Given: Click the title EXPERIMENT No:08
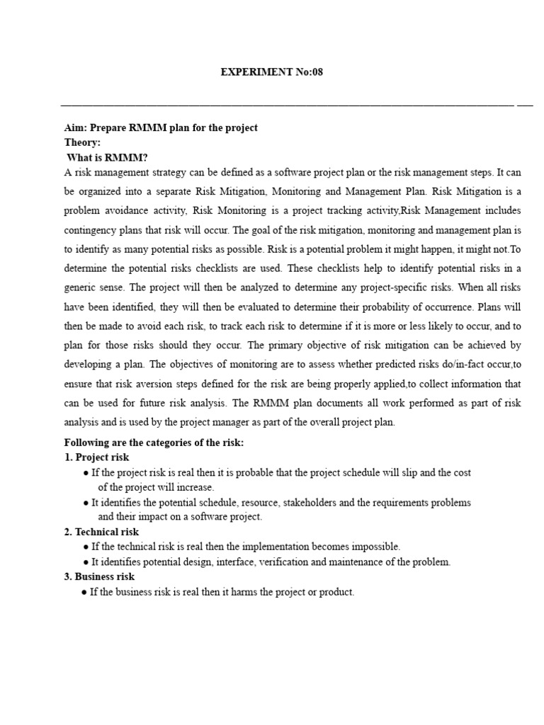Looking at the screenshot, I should [272, 73].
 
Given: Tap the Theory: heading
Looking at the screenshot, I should [83, 142].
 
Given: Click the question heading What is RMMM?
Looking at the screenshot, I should [107, 157].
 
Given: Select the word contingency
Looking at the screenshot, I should [91, 231].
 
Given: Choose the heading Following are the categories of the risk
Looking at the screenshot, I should [154, 443].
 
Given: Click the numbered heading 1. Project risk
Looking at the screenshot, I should [96, 457].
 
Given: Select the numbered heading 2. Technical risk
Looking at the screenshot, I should [101, 532].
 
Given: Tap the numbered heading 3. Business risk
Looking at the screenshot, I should [99, 576].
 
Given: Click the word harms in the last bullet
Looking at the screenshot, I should [242, 592].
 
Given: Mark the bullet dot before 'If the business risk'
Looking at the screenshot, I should [85, 592].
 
